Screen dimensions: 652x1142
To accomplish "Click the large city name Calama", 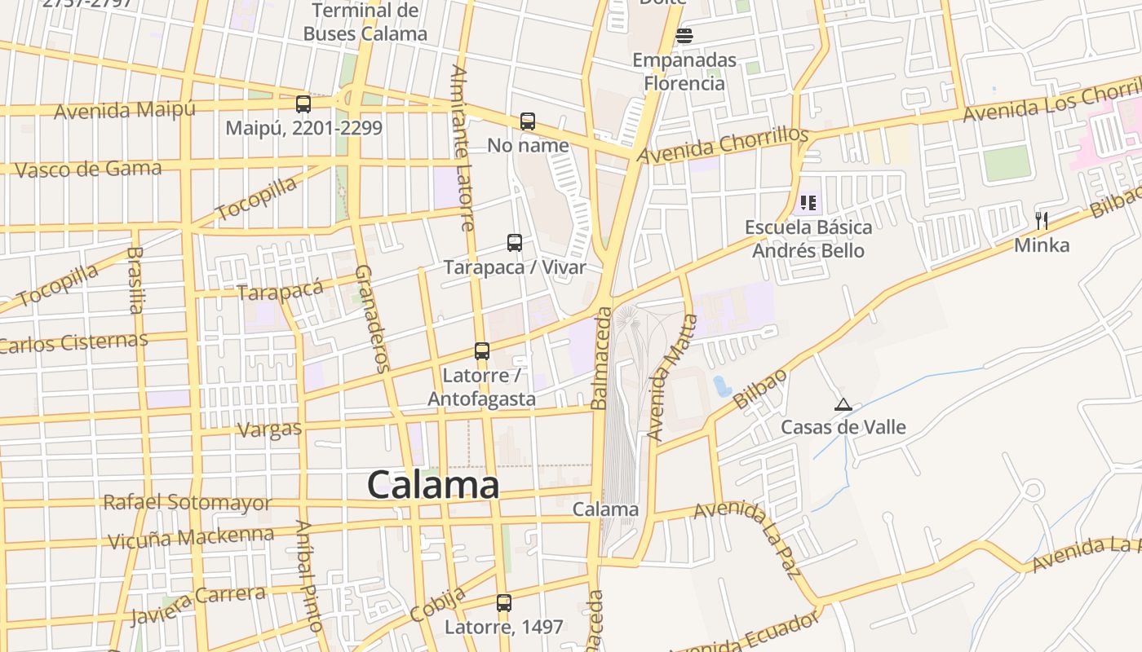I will tap(432, 485).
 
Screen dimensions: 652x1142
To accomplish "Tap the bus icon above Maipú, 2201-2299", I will tap(303, 104).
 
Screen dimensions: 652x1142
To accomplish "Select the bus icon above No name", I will tap(528, 121).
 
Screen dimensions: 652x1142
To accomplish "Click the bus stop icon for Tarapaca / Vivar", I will tap(515, 242).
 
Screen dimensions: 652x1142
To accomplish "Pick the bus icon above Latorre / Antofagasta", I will tap(482, 351).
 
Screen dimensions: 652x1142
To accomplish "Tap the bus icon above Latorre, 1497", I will tap(504, 603).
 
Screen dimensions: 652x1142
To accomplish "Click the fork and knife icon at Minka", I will tap(1041, 220).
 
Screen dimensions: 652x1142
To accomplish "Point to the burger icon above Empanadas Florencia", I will tap(684, 36).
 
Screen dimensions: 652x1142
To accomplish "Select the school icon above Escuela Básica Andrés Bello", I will tap(808, 202).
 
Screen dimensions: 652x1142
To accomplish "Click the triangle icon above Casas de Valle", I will tap(843, 404).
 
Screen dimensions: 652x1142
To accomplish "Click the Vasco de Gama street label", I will tap(88, 170).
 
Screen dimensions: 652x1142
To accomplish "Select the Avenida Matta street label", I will tap(672, 377).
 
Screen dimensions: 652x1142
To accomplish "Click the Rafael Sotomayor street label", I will tap(187, 502).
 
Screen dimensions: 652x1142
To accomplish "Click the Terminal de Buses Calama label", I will tap(365, 22).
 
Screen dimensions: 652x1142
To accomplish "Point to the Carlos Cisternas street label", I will tap(73, 342).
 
